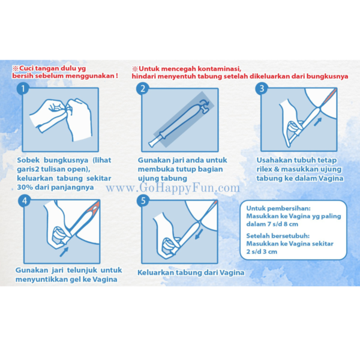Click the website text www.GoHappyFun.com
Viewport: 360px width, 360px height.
click(x=173, y=188)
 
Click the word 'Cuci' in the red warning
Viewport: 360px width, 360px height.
click(x=29, y=68)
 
